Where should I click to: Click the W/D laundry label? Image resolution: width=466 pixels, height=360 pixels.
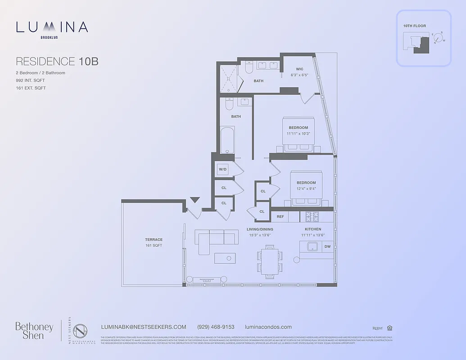pos(223,170)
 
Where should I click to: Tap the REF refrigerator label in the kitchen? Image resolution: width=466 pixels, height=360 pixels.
pos(280,217)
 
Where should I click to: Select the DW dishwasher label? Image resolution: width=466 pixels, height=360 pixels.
pos(327,247)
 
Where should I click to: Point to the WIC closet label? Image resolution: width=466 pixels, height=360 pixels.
pos(299,69)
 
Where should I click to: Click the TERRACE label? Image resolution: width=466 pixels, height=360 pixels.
pos(154,239)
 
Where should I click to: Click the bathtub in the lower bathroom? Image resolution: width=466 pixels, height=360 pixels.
pos(227,140)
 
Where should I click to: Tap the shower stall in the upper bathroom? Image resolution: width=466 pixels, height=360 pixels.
pos(229,78)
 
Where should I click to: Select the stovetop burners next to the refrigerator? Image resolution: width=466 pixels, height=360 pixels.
pos(312,217)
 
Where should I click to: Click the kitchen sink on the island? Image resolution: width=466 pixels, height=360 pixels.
pos(312,247)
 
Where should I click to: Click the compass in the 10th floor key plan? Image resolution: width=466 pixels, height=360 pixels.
pos(438,38)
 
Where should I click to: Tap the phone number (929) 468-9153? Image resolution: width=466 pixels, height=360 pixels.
pos(216,327)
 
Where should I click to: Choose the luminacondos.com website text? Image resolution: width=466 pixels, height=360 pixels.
pos(268,327)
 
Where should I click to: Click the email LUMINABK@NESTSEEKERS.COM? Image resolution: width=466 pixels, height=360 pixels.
pos(144,327)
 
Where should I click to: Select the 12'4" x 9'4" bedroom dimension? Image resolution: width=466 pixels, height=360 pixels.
pos(306,189)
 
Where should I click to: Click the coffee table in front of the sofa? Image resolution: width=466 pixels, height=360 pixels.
pos(225,258)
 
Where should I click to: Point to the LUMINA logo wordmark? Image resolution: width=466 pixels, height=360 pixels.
pos(52,27)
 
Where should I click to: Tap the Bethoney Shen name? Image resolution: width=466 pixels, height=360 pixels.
pos(34,330)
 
